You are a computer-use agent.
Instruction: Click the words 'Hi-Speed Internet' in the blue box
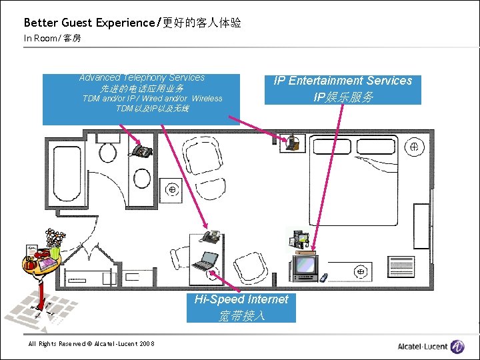point(241,299)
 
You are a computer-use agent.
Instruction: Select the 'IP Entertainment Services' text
point(343,81)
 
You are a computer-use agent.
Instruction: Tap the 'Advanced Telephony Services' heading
point(141,78)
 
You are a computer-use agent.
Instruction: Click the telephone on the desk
point(211,236)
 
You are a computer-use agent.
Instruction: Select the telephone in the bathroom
point(142,151)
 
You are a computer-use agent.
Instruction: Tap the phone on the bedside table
point(291,142)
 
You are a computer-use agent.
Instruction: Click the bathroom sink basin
point(141,178)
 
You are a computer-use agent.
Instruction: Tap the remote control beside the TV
point(324,276)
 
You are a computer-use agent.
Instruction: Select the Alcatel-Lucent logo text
point(423,346)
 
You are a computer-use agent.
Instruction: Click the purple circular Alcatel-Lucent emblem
point(457,346)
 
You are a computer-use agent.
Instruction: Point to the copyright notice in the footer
point(91,344)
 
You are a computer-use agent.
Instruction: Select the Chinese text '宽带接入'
point(241,315)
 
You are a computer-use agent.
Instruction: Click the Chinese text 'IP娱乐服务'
point(343,97)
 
